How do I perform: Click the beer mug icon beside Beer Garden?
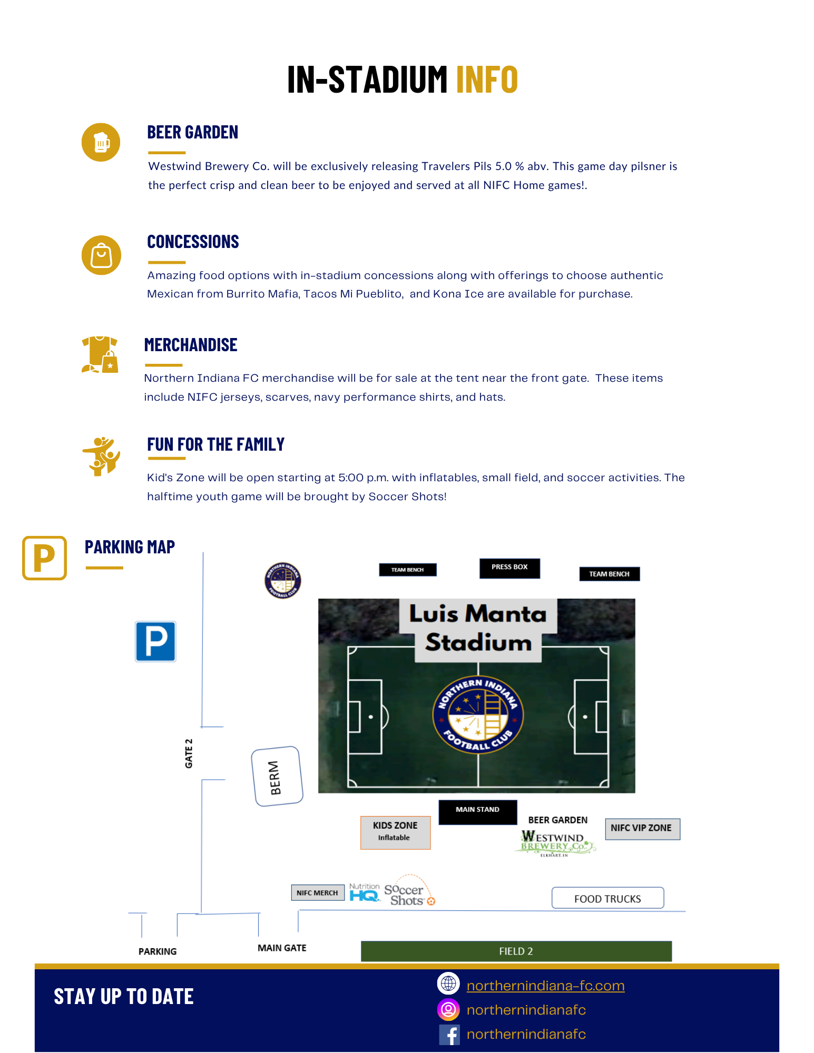coord(101,142)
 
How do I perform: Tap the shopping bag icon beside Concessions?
coord(101,255)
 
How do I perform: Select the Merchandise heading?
coord(191,345)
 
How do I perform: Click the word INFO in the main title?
coord(487,80)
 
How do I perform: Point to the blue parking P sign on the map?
coord(155,641)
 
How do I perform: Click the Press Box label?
coord(509,568)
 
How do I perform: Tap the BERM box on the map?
coord(277,777)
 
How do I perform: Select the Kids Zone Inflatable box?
coord(395,832)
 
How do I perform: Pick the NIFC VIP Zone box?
coord(642,828)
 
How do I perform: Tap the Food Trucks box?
coord(607,898)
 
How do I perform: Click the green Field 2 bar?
coord(516,951)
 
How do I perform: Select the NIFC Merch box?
coord(317,892)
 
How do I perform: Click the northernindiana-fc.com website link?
coord(545,986)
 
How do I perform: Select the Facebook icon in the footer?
coord(449,1034)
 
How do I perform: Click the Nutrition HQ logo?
coord(365,892)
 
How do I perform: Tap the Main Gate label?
coord(282,948)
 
